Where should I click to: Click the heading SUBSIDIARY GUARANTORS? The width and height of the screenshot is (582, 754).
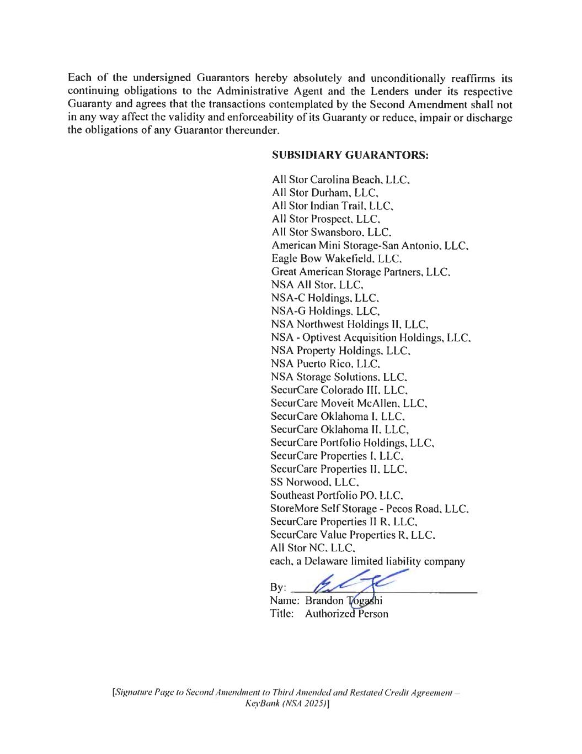(350, 156)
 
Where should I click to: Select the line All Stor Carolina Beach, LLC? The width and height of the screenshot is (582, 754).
(340, 180)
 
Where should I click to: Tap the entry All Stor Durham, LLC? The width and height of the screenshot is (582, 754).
(325, 193)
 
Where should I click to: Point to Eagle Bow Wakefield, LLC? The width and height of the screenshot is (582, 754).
(336, 259)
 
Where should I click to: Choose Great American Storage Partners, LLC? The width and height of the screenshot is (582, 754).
(361, 272)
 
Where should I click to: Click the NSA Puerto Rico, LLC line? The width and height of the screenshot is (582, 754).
(325, 364)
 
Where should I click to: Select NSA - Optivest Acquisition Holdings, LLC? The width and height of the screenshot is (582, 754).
(370, 338)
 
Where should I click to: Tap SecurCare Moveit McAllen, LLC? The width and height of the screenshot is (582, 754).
(349, 403)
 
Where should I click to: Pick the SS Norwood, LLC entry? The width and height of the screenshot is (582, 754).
(315, 482)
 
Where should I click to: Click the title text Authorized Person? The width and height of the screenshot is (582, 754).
(346, 614)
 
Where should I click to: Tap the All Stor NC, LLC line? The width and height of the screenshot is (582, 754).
(313, 548)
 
